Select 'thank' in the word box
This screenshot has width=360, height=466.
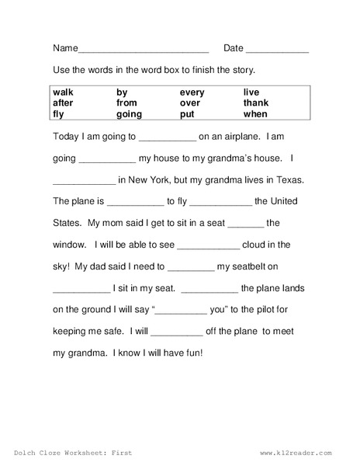(x=256, y=103)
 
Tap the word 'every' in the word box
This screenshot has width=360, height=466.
(x=193, y=92)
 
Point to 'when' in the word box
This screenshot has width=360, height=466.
(x=255, y=113)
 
